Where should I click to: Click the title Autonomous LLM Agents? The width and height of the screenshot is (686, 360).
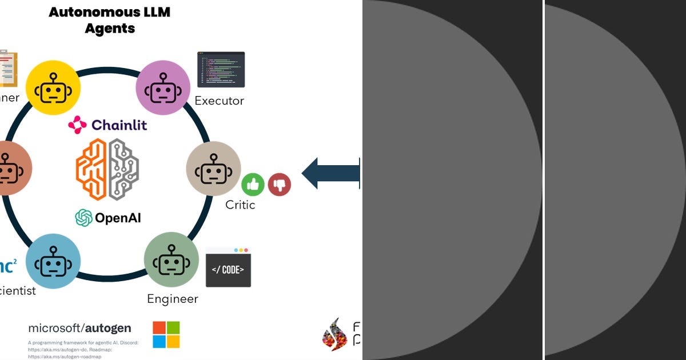(109, 20)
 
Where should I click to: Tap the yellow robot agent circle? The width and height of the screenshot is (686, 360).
(53, 87)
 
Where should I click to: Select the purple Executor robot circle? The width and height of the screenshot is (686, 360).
(163, 87)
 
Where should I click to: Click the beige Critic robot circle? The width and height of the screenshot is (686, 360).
(213, 169)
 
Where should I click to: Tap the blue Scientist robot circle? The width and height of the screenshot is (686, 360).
(53, 261)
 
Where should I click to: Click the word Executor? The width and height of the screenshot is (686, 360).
(219, 101)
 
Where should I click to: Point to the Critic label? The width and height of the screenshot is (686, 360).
(240, 205)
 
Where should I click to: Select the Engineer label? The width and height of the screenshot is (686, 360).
(173, 299)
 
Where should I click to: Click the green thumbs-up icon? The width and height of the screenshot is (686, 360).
(252, 185)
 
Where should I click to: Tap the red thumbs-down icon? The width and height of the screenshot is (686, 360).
(280, 185)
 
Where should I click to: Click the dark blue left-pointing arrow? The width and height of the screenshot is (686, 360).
(330, 173)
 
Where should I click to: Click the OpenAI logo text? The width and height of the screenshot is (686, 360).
(108, 218)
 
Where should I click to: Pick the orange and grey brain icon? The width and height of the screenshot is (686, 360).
(107, 169)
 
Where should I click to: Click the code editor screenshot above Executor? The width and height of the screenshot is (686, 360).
(221, 70)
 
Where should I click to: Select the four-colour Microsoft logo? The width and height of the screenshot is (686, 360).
(166, 334)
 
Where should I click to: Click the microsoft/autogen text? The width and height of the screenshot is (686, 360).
(79, 328)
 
